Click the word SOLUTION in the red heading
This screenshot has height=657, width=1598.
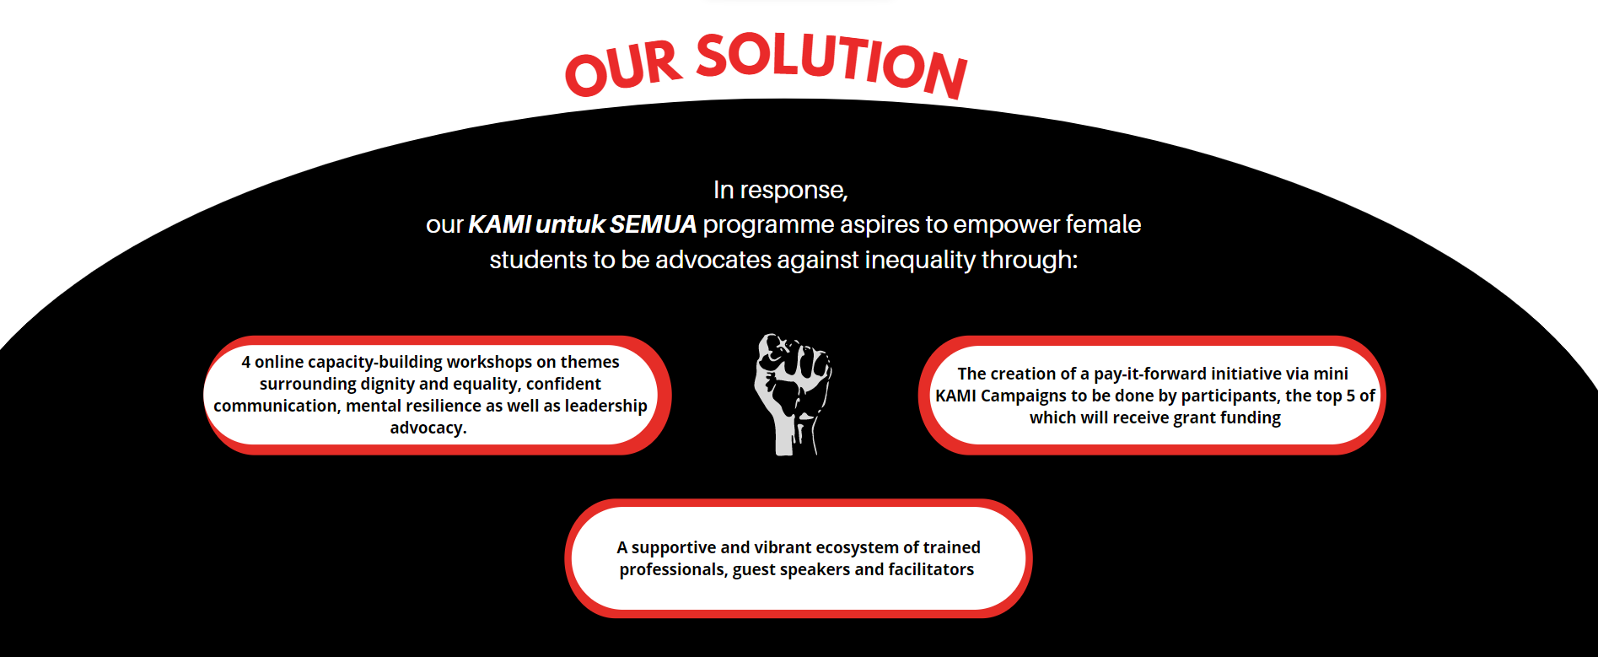832,63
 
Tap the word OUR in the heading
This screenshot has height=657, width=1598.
623,68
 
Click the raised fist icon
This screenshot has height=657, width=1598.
793,394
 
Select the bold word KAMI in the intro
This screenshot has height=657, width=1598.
499,224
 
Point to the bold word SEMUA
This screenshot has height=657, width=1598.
653,224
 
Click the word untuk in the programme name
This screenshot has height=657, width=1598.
570,224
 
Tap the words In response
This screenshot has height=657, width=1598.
780,191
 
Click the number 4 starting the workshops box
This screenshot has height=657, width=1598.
246,362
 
